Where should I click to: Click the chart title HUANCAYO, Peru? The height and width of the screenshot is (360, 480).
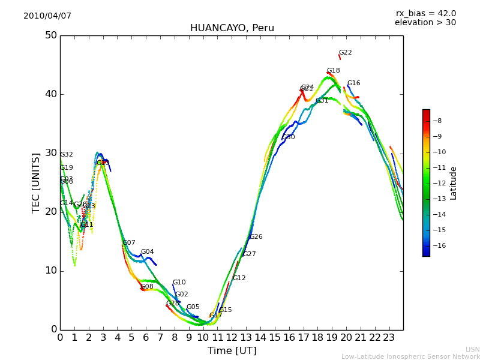(232, 28)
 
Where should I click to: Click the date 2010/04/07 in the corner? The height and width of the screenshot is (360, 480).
(47, 16)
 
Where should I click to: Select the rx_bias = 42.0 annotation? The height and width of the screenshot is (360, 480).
(425, 14)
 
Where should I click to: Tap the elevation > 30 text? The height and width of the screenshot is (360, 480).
(425, 23)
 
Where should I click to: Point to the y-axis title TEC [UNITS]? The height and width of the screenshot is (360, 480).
(36, 182)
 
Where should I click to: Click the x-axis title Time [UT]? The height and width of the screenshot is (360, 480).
(232, 351)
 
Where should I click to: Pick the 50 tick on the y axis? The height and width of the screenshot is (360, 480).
(51, 35)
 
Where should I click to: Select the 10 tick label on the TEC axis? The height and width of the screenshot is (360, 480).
(51, 271)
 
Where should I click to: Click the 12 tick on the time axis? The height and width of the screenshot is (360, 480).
(232, 337)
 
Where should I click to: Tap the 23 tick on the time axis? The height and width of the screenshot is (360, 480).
(389, 337)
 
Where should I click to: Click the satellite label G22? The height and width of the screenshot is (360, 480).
(345, 53)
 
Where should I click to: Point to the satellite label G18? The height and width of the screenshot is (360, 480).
(333, 71)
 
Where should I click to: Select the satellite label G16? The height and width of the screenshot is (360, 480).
(353, 83)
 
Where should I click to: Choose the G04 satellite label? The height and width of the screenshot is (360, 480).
(147, 252)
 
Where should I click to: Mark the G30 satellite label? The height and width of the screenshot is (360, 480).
(288, 137)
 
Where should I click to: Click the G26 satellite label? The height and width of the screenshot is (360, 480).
(256, 237)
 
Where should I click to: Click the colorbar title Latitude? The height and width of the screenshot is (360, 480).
(454, 183)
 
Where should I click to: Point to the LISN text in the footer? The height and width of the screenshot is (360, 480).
(472, 349)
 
